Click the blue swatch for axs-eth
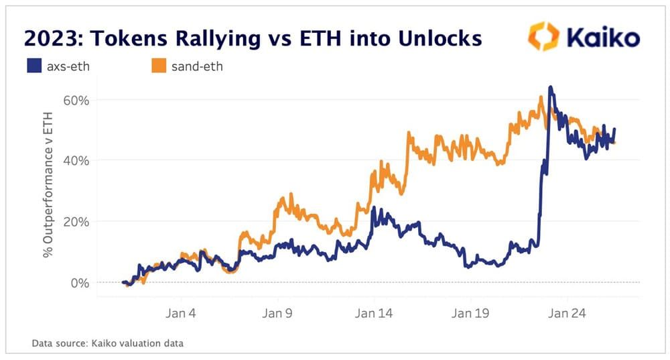pos(33,66)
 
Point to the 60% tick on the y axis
pos(76,100)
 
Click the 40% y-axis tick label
pos(76,160)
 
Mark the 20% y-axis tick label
pos(76,221)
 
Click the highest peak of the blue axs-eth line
pos(550,87)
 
